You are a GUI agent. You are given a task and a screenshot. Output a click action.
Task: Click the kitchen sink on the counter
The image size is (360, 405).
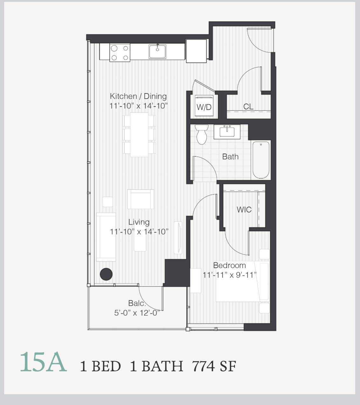(x=157, y=51)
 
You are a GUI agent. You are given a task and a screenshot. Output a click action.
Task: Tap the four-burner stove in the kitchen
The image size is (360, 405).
(x=120, y=52)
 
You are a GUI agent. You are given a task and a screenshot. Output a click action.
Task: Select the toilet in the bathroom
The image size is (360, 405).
(x=202, y=135)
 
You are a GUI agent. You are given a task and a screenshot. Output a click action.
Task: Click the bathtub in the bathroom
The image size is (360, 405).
(x=261, y=160)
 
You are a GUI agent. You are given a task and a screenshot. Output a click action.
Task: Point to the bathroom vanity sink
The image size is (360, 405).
(x=227, y=131)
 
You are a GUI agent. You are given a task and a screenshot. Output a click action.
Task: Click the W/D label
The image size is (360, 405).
(x=204, y=107)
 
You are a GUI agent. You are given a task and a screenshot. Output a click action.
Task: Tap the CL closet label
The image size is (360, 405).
(x=248, y=107)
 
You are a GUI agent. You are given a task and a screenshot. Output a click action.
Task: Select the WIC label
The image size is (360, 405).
(x=244, y=210)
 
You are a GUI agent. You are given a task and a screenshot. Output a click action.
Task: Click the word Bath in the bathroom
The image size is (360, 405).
(x=231, y=157)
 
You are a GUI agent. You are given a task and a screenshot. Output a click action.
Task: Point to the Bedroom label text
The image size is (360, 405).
(x=230, y=265)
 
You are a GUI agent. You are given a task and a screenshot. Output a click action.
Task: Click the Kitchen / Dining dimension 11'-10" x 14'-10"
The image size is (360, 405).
(x=139, y=106)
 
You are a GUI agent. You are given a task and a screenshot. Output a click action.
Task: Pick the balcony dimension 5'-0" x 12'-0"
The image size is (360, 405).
(x=137, y=313)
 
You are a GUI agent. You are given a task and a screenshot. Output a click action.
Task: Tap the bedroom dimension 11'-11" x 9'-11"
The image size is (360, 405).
(x=230, y=275)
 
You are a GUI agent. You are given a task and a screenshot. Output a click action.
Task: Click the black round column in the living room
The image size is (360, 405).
(x=106, y=274)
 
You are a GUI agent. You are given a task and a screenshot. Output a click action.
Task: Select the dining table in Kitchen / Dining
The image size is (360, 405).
(x=139, y=135)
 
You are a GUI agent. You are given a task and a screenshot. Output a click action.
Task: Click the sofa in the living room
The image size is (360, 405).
(x=106, y=237)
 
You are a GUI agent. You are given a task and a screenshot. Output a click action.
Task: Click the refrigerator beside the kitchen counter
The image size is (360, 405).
(x=196, y=51)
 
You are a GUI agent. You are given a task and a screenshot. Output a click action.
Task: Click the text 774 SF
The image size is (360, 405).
(x=214, y=366)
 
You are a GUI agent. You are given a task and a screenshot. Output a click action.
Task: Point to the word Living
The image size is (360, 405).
(x=139, y=222)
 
